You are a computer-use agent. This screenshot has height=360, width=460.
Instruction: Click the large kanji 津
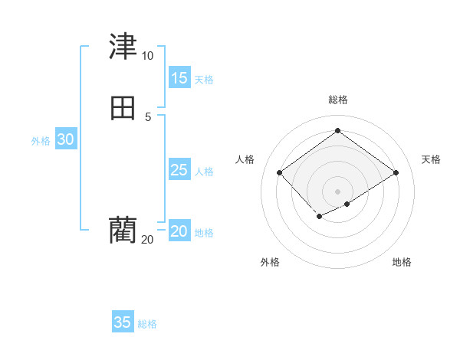[123, 47]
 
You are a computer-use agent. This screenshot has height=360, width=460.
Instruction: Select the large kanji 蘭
[123, 230]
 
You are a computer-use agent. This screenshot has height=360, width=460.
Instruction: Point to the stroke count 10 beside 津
[147, 56]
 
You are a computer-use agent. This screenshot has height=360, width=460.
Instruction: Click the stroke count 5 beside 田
[148, 116]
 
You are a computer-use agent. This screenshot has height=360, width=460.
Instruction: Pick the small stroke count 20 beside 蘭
[147, 240]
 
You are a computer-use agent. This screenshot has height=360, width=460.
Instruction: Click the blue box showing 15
[179, 78]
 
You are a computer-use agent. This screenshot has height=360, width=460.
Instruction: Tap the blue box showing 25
[179, 170]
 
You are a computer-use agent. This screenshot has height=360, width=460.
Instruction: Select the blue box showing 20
[179, 231]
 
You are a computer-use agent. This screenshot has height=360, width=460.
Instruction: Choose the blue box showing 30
[66, 139]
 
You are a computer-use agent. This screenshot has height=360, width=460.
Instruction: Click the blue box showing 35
[123, 322]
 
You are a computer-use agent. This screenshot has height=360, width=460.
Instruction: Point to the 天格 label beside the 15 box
[204, 80]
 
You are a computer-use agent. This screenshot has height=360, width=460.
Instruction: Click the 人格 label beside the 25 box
[204, 172]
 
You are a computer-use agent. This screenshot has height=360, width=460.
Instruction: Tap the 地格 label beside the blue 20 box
[204, 233]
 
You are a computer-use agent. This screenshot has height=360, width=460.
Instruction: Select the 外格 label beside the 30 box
[41, 141]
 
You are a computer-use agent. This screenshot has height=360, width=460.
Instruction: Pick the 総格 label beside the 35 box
[147, 324]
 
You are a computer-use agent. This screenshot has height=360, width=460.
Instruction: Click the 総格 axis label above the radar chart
[337, 100]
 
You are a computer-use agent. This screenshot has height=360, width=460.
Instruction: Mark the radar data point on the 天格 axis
[396, 173]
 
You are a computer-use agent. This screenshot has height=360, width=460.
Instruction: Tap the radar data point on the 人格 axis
[280, 173]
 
